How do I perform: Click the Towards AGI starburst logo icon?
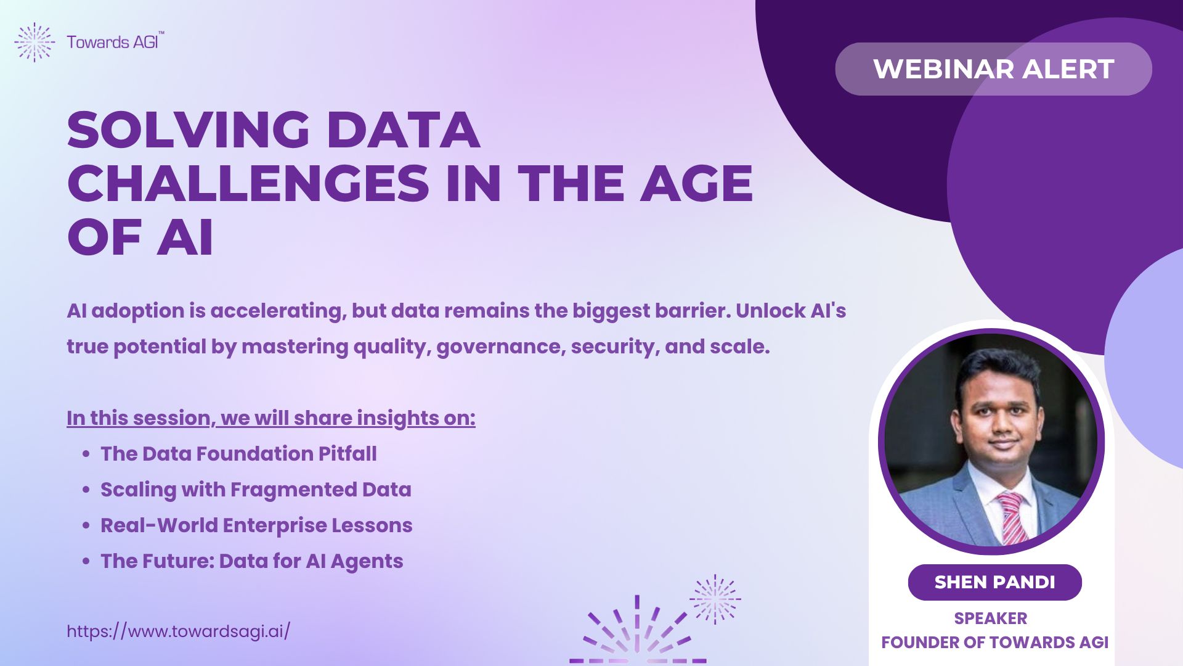click(35, 42)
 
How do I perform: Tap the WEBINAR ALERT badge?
click(993, 68)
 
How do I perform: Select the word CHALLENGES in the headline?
click(248, 183)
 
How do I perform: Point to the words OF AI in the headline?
click(140, 237)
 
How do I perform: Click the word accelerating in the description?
click(276, 311)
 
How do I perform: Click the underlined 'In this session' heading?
click(271, 418)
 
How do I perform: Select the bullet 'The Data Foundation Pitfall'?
click(238, 454)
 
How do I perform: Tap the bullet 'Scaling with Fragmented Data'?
click(256, 490)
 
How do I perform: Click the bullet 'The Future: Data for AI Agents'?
click(252, 561)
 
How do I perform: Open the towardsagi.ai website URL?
click(178, 631)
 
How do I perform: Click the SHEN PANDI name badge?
click(994, 582)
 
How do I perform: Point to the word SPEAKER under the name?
click(991, 618)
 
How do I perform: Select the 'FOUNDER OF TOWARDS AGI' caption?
click(994, 643)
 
